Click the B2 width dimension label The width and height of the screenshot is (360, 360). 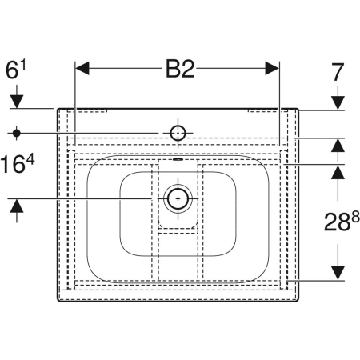coord(180,69)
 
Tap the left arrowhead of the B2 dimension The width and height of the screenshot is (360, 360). coord(82,68)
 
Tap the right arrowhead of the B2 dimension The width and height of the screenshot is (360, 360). coord(272,68)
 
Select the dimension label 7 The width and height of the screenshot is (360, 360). coord(338,72)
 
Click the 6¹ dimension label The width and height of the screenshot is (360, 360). coord(16,70)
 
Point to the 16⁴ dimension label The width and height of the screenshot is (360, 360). coord(18,164)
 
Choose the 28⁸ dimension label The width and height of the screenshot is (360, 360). coord(342,222)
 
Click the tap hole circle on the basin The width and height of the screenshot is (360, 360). coord(178,133)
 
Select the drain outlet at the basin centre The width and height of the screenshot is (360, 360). coord(178,198)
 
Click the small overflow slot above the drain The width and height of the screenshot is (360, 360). coord(178,159)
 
